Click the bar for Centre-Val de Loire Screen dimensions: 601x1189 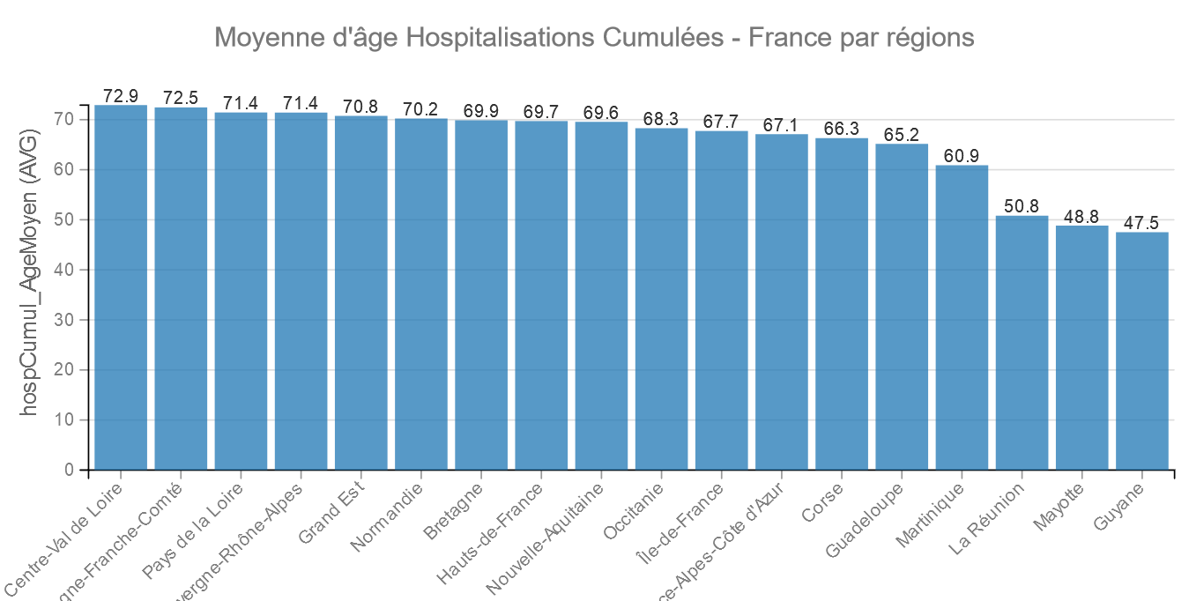click(x=121, y=287)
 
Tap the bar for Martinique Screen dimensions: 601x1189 click(x=962, y=317)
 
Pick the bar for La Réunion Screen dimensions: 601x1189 click(x=1022, y=343)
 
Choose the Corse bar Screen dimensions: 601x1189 click(x=842, y=304)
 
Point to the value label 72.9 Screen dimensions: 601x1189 click(x=121, y=96)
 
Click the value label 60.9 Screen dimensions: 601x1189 click(x=962, y=156)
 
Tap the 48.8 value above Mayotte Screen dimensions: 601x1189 click(x=1081, y=217)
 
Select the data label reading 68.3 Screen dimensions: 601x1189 click(x=661, y=119)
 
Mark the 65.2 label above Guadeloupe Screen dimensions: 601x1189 click(x=902, y=135)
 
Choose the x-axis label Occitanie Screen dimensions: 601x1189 click(x=634, y=509)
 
